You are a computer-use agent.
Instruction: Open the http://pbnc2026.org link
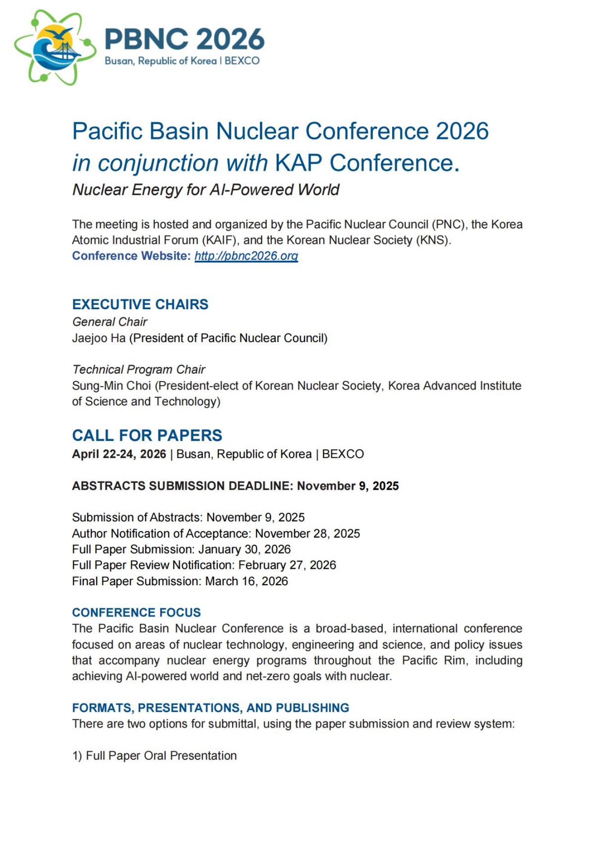point(246,256)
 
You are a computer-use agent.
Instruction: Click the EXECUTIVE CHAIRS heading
point(140,304)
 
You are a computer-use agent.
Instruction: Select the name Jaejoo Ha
point(99,338)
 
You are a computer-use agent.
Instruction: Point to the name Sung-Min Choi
point(112,386)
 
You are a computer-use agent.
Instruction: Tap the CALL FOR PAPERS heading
point(147,435)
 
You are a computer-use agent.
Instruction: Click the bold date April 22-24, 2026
point(119,454)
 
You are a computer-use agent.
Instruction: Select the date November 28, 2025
point(307,534)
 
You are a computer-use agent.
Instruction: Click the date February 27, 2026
point(287,565)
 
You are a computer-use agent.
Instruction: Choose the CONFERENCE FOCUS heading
point(136,613)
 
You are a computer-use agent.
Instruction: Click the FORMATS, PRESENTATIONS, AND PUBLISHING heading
point(211,708)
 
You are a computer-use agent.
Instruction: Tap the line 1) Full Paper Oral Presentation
point(155,756)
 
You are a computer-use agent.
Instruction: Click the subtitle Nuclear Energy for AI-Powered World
point(206,190)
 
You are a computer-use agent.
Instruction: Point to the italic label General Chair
point(110,322)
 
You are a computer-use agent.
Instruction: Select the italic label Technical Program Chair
point(139,370)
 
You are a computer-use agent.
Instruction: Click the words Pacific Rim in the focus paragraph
point(434,661)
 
